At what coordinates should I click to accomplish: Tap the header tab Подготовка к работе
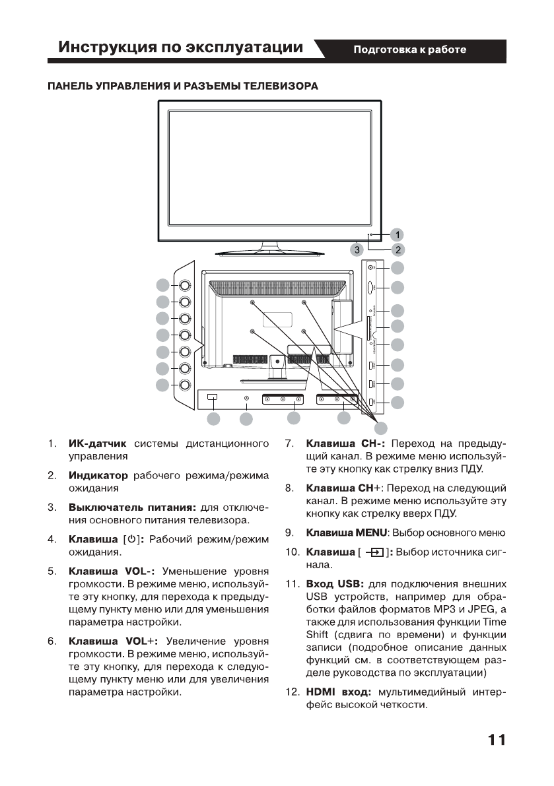coord(410,49)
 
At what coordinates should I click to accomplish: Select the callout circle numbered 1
coord(398,234)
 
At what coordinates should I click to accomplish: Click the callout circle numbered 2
coord(398,249)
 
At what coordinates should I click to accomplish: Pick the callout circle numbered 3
coord(357,250)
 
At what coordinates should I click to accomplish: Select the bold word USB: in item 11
coord(352,584)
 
